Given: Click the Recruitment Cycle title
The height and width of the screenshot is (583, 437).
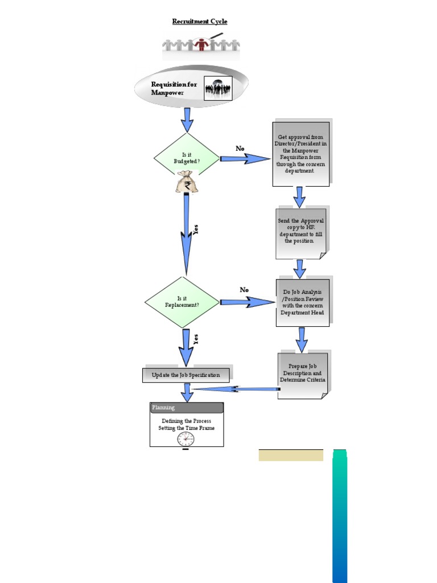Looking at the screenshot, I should (200, 22).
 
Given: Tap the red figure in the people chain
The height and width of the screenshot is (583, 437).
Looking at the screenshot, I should (200, 44).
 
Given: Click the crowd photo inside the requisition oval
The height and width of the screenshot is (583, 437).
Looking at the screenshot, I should (218, 89).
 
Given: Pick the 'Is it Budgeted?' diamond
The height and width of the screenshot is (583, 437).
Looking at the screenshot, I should (187, 158).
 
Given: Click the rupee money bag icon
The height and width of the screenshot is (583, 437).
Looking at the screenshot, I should (186, 183).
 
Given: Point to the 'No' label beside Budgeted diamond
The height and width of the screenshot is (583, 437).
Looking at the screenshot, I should (240, 149).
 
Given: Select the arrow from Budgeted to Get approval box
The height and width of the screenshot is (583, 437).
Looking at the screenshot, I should (245, 159).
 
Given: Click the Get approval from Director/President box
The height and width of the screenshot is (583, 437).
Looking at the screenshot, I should (300, 154).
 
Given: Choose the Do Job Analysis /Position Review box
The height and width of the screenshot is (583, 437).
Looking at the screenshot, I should (302, 302).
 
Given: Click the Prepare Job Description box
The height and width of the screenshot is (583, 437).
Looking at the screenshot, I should (303, 375).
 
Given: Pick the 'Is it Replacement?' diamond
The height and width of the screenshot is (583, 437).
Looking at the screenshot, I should (182, 302).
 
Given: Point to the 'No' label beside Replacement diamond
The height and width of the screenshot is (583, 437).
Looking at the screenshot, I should (244, 290).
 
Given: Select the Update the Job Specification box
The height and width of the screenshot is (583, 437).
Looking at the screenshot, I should (185, 375).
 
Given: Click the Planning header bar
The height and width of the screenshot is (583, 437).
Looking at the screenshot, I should (187, 408).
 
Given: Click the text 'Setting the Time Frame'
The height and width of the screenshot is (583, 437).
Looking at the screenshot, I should (187, 428).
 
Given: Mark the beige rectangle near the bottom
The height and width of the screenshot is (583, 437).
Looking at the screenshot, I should (291, 455).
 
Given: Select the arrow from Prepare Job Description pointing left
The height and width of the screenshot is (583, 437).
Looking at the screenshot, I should (236, 389).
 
